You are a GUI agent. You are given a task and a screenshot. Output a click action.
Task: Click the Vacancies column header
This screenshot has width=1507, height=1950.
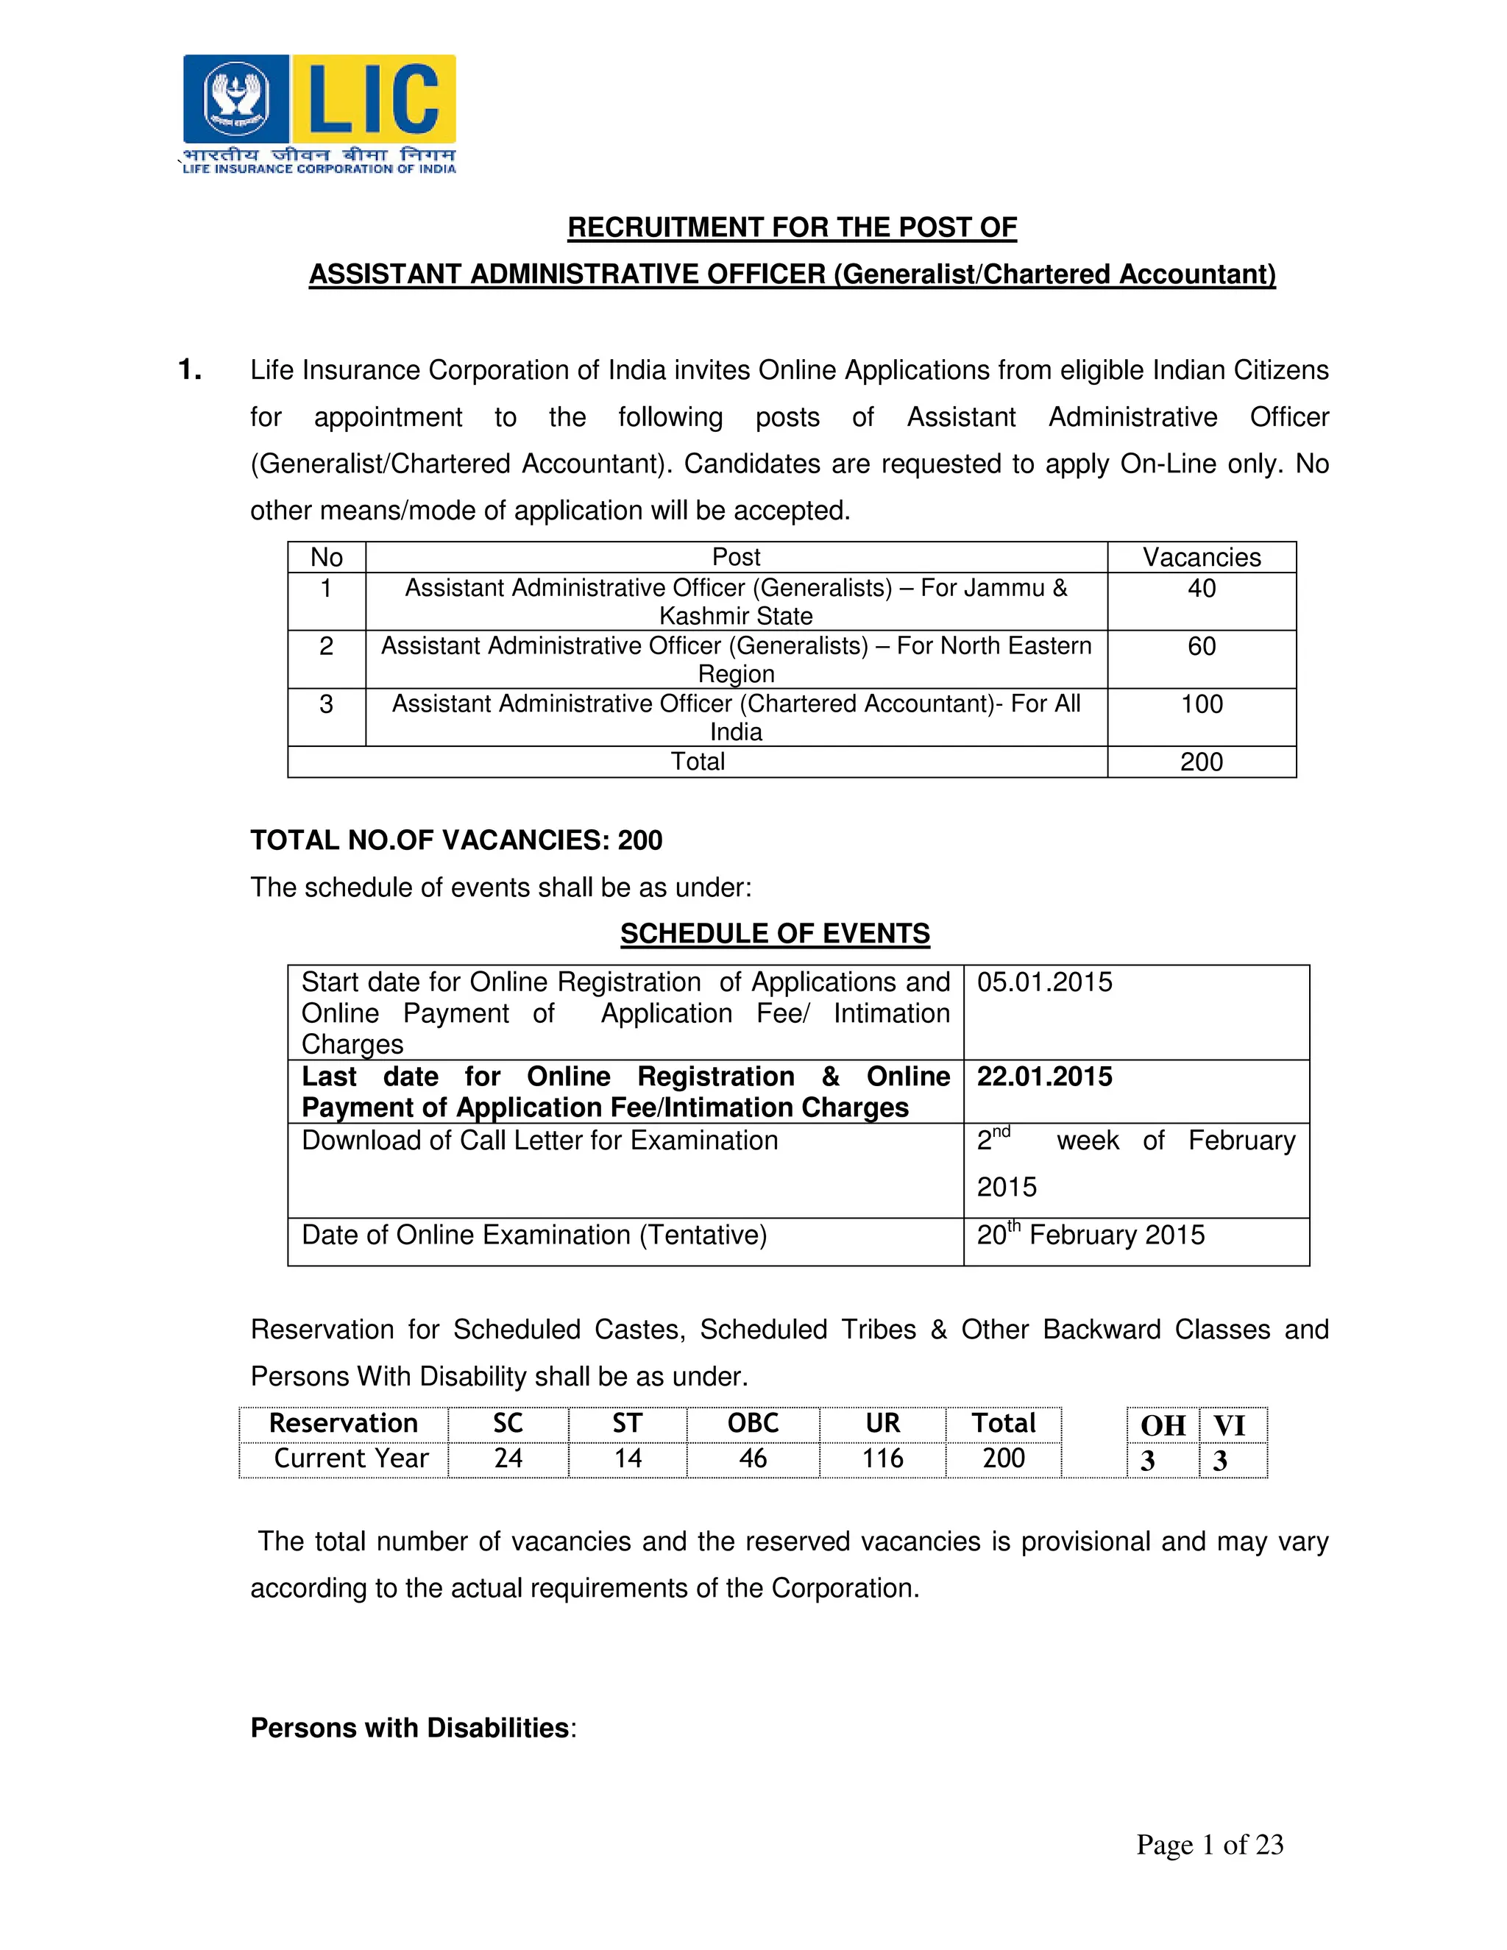(x=1201, y=557)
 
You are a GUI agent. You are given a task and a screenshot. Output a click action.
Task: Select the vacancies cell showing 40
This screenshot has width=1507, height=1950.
(x=1201, y=589)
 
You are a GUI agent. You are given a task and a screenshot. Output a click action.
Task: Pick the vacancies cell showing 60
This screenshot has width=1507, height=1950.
(x=1201, y=646)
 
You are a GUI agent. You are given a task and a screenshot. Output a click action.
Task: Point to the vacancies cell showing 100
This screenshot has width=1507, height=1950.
(x=1201, y=704)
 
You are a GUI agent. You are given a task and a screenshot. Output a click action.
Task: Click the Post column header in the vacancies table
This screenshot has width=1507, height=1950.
(x=736, y=557)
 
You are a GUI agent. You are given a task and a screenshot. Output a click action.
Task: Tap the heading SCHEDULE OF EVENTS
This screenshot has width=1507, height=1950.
(x=774, y=934)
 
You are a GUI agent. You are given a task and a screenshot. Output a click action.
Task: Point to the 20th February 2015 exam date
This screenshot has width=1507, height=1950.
(x=1089, y=1235)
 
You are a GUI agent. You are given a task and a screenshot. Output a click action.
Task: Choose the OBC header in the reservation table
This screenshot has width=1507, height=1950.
(x=753, y=1423)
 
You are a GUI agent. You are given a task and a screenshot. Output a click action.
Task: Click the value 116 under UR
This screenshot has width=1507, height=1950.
(x=882, y=1459)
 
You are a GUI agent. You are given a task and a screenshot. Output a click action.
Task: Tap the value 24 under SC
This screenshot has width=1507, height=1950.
(x=508, y=1459)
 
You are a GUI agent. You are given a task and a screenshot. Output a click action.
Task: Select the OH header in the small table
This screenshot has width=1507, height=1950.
(x=1163, y=1426)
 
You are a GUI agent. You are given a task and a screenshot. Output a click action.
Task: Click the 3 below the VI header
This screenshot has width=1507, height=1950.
(x=1219, y=1461)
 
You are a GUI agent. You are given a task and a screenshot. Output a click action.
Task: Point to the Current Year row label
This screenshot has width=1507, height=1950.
(x=351, y=1459)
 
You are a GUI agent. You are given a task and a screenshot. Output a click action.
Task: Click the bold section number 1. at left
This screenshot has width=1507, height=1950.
(x=190, y=369)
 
